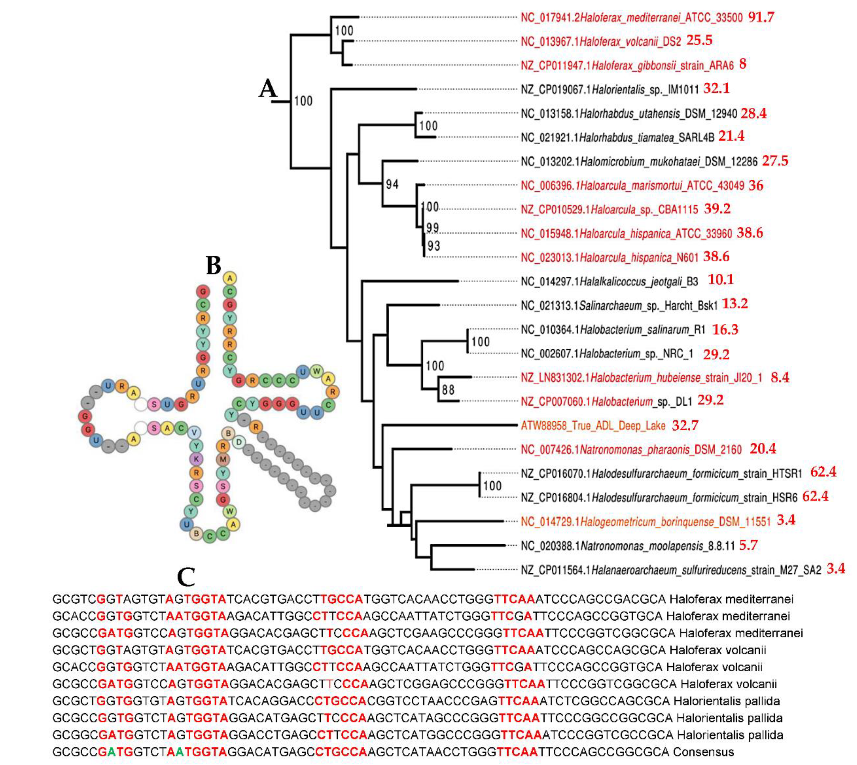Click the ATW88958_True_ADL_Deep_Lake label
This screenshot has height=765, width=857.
click(593, 426)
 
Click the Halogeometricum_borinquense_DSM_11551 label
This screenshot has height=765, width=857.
click(645, 522)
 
